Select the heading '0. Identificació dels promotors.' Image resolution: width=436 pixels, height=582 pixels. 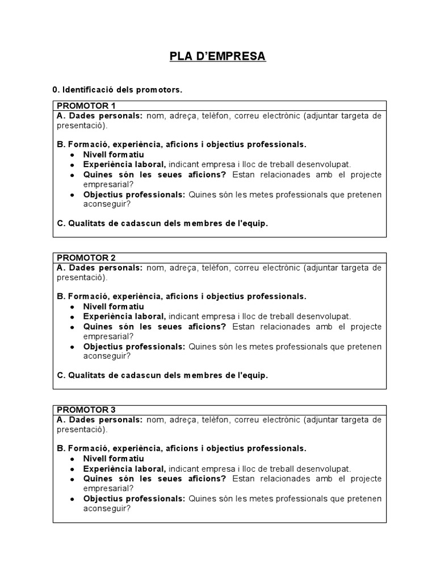(118, 90)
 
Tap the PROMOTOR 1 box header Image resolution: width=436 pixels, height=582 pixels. (86, 106)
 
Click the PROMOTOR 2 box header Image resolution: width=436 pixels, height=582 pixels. (86, 257)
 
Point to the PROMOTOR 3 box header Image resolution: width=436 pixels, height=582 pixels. (86, 409)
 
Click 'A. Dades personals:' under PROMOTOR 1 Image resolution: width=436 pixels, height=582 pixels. (100, 116)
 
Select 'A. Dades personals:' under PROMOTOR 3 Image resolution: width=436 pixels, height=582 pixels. (100, 419)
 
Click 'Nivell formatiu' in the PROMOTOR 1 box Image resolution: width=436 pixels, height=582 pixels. (114, 155)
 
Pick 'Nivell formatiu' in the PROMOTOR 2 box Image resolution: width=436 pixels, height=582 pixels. (114, 306)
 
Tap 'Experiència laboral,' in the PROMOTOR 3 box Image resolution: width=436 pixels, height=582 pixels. (124, 469)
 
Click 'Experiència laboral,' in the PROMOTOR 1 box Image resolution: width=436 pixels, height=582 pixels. (124, 165)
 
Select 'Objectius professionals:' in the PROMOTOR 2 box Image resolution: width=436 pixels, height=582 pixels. (134, 347)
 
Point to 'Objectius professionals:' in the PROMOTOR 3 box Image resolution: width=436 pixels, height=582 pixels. (134, 498)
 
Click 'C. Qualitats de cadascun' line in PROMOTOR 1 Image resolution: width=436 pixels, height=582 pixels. (162, 223)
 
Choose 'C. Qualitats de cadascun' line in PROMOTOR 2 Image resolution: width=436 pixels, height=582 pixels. (162, 375)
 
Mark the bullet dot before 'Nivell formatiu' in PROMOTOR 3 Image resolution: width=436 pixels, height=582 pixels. (72, 459)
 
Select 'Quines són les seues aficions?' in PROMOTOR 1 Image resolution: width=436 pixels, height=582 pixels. (154, 174)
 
